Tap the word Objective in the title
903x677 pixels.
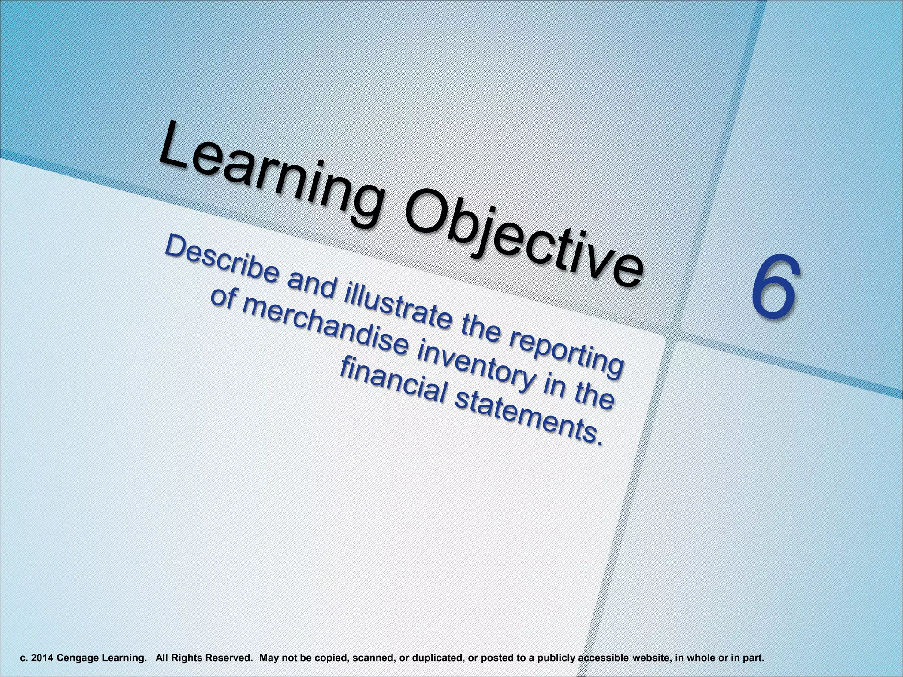click(x=520, y=247)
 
